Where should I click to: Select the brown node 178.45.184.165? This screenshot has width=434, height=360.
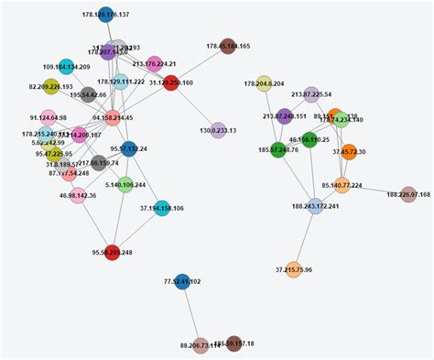point(228,45)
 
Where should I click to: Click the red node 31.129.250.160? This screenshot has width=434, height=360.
point(170,82)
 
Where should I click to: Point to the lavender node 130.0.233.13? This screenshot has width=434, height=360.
point(218,130)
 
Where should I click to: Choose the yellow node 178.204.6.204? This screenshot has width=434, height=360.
point(264,83)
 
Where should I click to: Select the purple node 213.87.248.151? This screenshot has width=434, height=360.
point(285,116)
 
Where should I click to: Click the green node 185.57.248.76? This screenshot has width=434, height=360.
point(278,148)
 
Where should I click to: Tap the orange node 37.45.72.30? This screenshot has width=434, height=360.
point(349,151)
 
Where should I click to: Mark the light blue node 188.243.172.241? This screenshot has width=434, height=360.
point(316,206)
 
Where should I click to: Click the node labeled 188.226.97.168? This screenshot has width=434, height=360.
point(408,193)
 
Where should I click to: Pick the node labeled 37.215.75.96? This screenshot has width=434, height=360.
point(294,269)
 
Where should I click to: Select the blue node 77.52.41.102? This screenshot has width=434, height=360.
point(182,281)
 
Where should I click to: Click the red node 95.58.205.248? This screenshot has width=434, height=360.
point(112,252)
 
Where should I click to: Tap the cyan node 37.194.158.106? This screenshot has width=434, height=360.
point(162,208)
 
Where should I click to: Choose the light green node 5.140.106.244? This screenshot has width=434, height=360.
point(125,184)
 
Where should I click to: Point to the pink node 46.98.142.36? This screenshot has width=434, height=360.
point(78,195)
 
